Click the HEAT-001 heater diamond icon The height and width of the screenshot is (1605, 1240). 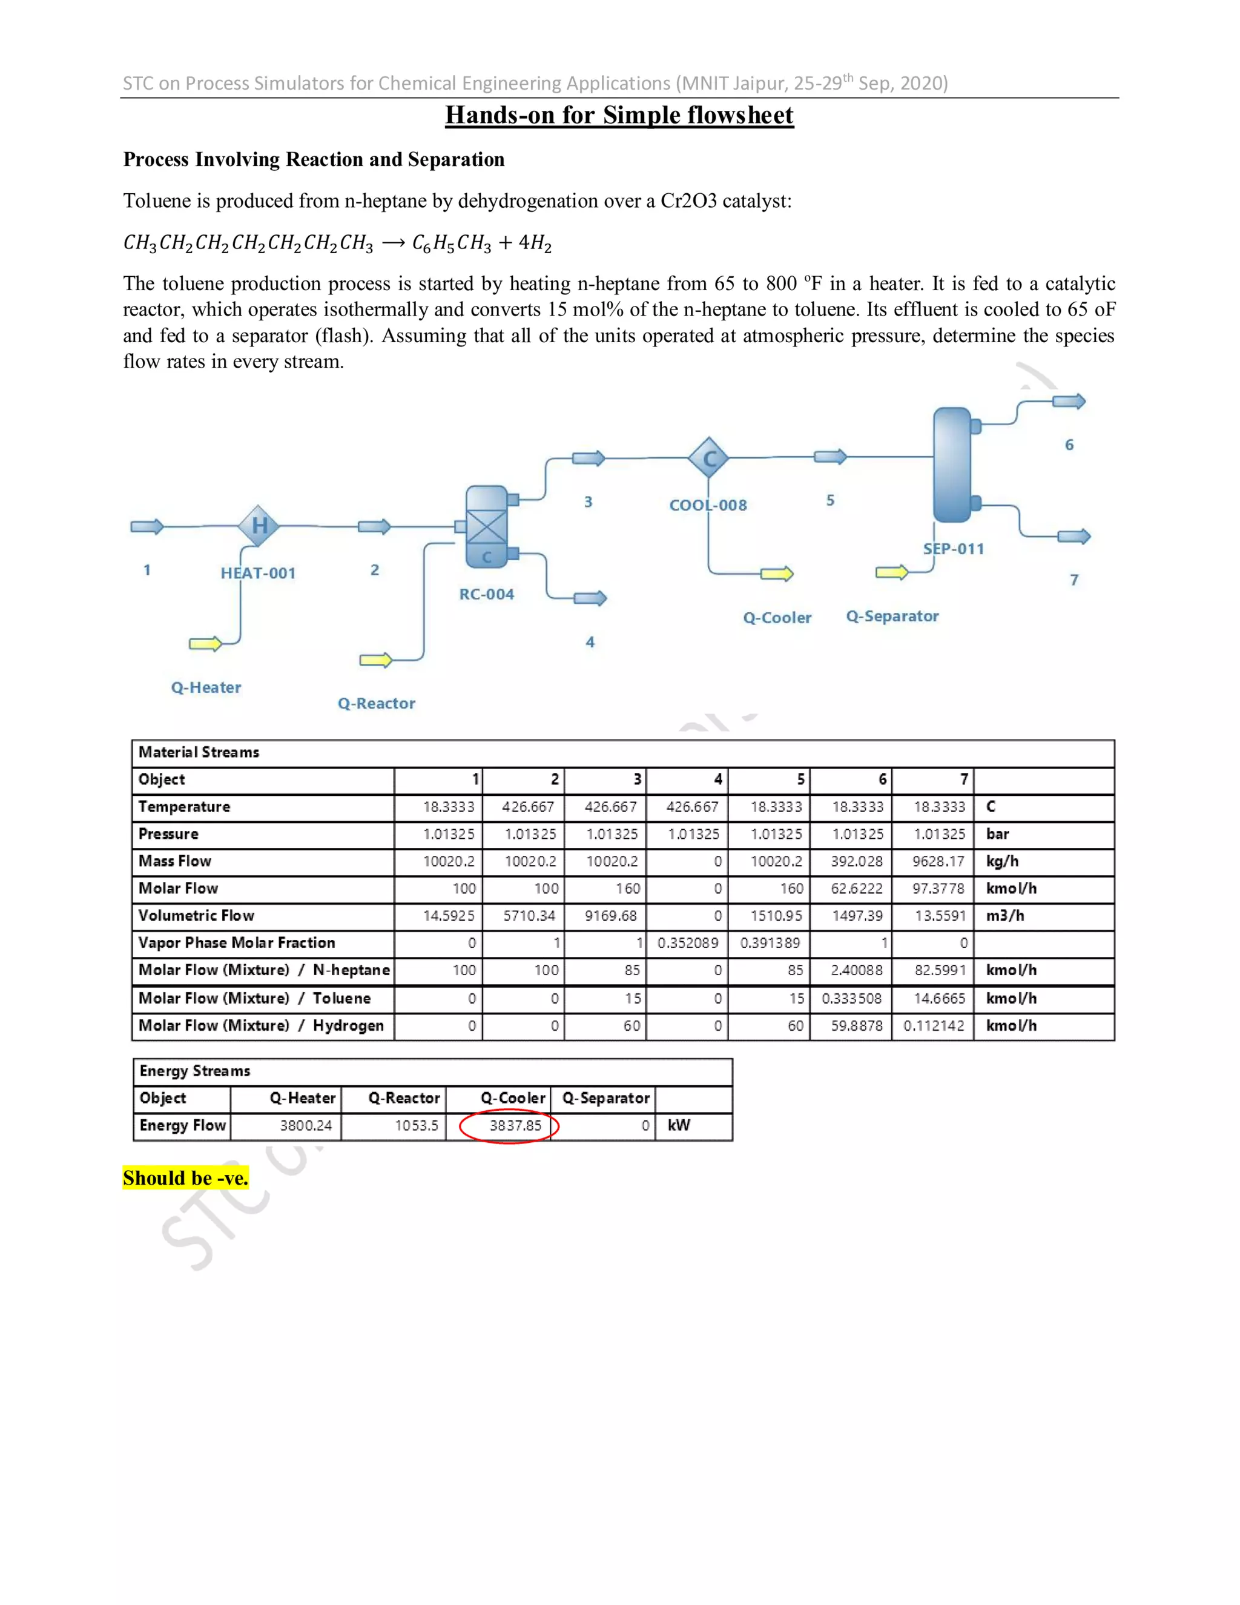(x=259, y=526)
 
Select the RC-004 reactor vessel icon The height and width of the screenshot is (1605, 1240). (x=487, y=526)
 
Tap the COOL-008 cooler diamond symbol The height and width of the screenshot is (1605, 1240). (x=709, y=458)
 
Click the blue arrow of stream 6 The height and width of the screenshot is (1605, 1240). (x=1068, y=401)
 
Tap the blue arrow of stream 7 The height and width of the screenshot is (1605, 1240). (x=1073, y=537)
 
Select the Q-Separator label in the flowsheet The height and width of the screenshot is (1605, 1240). (x=892, y=616)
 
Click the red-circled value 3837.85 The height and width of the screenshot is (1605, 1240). (x=515, y=1125)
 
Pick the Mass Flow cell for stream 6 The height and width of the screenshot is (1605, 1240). (x=857, y=861)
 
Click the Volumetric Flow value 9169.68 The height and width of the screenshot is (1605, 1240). (x=610, y=916)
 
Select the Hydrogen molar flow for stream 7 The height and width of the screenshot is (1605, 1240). (x=933, y=1025)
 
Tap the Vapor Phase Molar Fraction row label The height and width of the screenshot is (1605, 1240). (x=237, y=943)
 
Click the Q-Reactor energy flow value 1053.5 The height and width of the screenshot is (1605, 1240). (x=416, y=1125)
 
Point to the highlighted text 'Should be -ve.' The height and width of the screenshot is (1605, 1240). (x=185, y=1178)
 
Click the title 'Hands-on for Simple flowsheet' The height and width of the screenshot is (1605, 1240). (x=619, y=115)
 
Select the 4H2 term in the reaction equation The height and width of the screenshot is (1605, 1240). (x=535, y=243)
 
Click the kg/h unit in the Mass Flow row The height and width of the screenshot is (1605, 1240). (x=1002, y=861)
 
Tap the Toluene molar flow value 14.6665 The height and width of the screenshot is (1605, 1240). (x=940, y=998)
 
